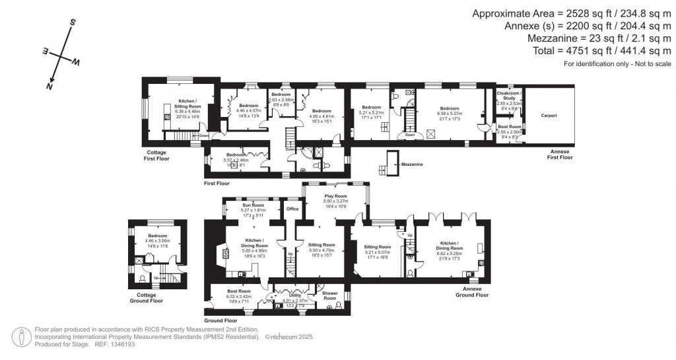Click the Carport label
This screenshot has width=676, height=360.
click(549, 116)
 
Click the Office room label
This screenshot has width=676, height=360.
click(292, 209)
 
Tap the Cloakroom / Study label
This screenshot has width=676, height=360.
click(508, 96)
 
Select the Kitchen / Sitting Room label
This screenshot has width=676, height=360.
click(180, 104)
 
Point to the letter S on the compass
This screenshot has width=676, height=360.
click(71, 22)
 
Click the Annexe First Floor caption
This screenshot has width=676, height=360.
click(561, 156)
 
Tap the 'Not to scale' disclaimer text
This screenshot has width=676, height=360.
click(643, 63)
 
